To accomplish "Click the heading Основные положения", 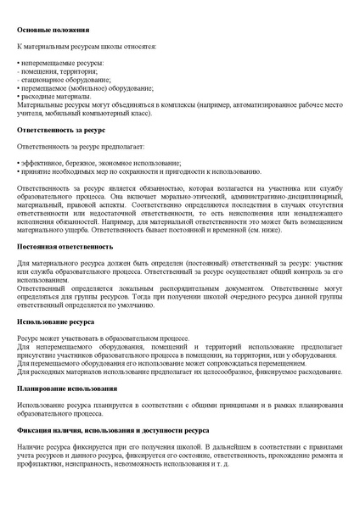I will click(50, 29).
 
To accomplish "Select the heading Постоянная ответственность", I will click(65, 246).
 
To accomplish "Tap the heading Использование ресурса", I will click(56, 322).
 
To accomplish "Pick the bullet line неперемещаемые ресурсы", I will click(55, 64).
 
